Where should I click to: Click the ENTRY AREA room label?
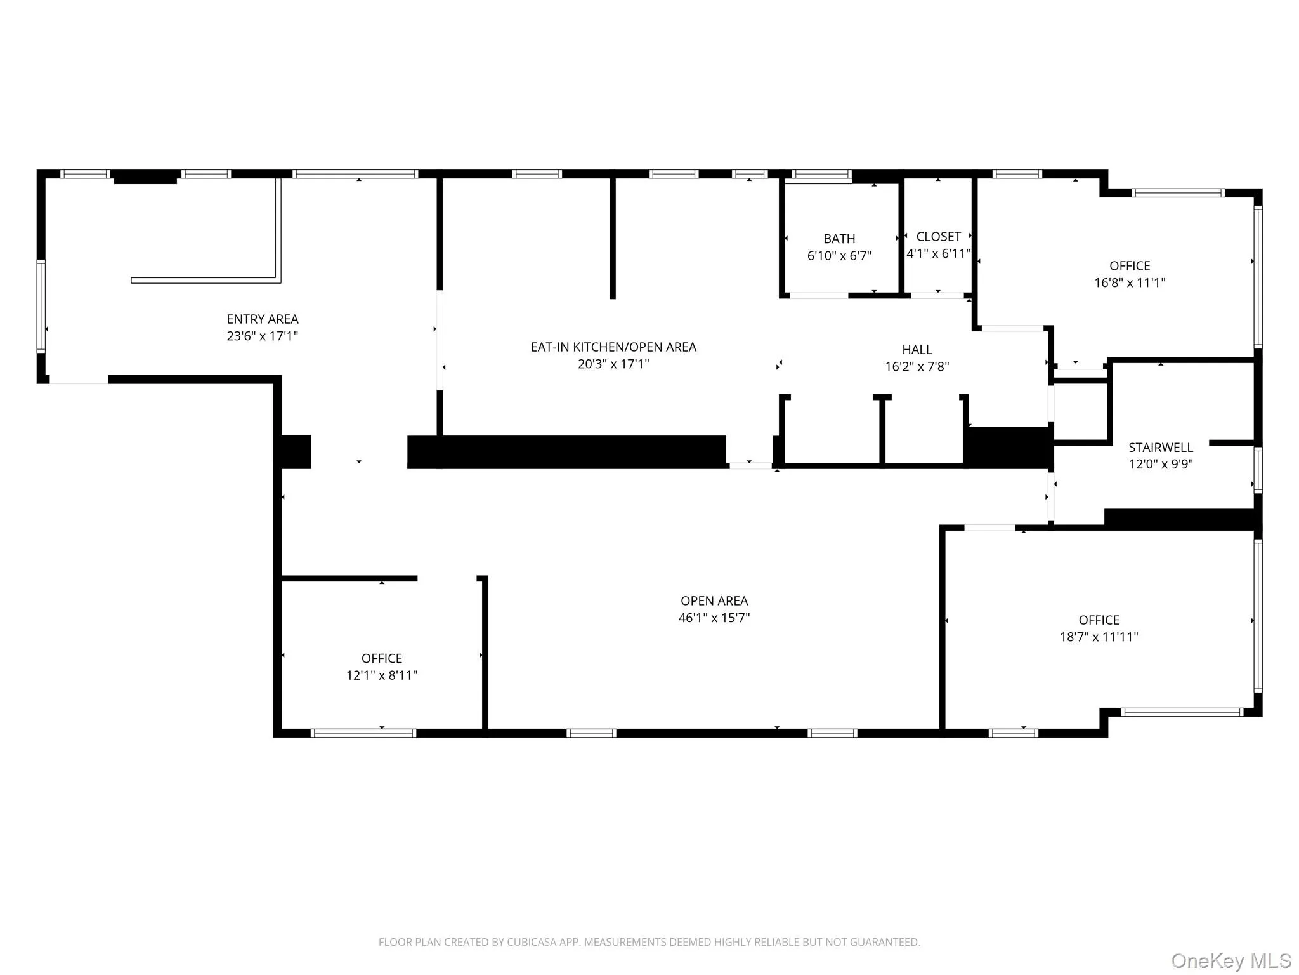(x=263, y=319)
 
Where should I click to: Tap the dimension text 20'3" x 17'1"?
(x=613, y=364)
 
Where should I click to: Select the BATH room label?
(x=839, y=239)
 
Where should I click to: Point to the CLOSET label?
(x=938, y=237)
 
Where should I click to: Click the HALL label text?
(x=917, y=350)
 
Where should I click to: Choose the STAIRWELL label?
(x=1160, y=448)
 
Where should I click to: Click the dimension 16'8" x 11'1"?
(x=1129, y=283)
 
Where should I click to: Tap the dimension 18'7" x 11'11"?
(x=1099, y=637)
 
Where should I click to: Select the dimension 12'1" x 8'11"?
(x=381, y=675)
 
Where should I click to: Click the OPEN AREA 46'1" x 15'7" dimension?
(x=714, y=618)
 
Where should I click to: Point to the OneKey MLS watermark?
(x=1230, y=961)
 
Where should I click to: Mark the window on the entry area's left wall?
(x=41, y=305)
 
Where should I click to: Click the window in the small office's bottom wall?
(x=363, y=733)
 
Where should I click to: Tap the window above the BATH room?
(x=821, y=174)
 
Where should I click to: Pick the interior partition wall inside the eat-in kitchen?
(x=612, y=238)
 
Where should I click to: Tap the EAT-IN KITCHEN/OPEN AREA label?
(x=613, y=347)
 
